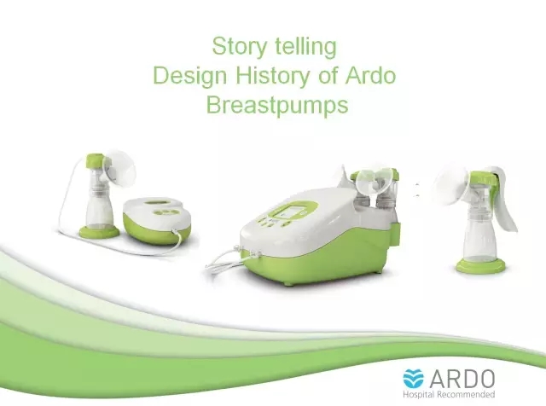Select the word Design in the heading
(189, 76)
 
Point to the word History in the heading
(272, 76)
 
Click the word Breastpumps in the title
(277, 105)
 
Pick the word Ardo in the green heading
(370, 75)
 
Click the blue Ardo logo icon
(413, 379)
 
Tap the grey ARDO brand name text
(462, 379)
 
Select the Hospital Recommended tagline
(449, 395)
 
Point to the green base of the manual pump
(480, 265)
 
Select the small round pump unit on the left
(157, 220)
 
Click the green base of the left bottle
(99, 231)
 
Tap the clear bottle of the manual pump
(479, 239)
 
